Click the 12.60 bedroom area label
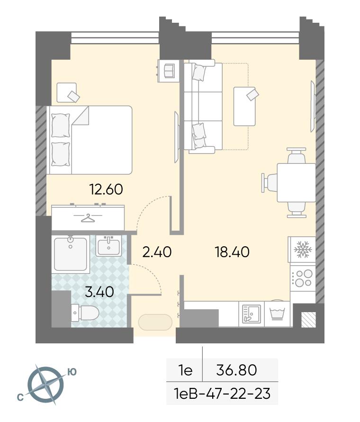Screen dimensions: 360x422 click(x=106, y=189)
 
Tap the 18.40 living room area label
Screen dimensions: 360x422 click(x=232, y=252)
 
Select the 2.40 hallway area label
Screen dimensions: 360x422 click(x=157, y=252)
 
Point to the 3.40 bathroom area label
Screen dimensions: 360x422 click(x=99, y=292)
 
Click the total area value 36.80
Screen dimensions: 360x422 click(x=236, y=370)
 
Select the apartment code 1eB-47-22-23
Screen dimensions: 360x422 click(x=222, y=394)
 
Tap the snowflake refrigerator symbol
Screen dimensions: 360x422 click(x=303, y=250)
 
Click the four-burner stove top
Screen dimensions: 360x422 click(x=303, y=278)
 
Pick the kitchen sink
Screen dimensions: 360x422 click(x=252, y=314)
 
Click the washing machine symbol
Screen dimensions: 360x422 click(x=277, y=313)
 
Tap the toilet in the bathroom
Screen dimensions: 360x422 click(x=85, y=313)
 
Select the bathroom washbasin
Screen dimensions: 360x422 click(x=108, y=246)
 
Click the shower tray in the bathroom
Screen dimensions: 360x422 click(x=71, y=254)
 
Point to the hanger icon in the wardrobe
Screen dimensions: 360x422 click(x=88, y=218)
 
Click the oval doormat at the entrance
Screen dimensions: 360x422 click(x=155, y=322)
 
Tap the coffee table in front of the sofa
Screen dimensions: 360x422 click(x=244, y=106)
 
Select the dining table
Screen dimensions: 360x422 click(x=296, y=182)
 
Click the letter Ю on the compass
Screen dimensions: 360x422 click(x=72, y=372)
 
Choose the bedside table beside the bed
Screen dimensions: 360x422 click(x=66, y=92)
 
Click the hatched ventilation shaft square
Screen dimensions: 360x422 click(x=308, y=320)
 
